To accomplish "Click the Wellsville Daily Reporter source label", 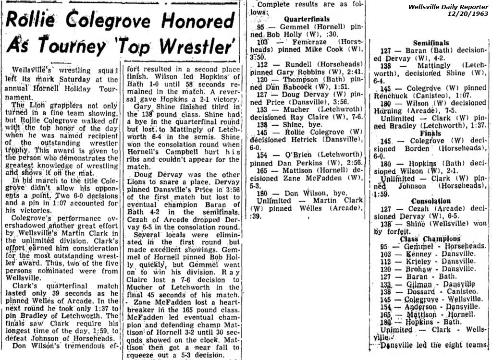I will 447,7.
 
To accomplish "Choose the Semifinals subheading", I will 430,43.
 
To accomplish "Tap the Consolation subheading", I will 430,201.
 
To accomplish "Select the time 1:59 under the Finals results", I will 384,193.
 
